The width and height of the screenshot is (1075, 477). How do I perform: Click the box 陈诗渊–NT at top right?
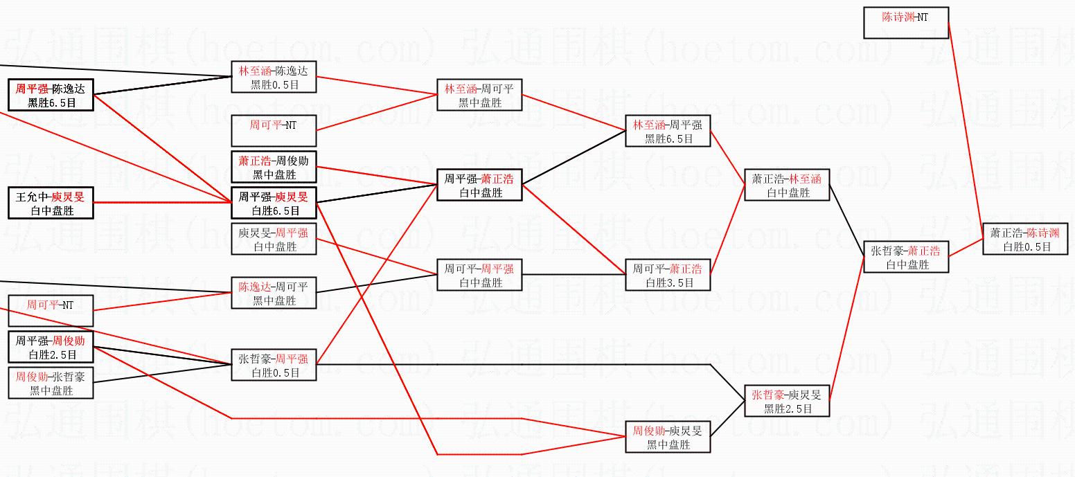906,23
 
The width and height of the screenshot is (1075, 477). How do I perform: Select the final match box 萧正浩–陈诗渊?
1025,239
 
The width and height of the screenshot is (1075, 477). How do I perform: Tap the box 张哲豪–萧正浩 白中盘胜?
906,257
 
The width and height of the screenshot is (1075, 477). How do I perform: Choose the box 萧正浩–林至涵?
787,185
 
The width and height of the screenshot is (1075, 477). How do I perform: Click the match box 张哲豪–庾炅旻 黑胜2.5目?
787,401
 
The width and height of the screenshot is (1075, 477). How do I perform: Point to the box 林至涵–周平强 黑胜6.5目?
668,131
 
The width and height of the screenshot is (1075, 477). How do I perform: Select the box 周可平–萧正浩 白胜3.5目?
668,275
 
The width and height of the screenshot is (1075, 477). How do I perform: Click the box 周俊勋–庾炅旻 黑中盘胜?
668,437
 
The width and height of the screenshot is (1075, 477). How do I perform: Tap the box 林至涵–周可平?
479,95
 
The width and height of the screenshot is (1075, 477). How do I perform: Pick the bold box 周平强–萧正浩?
479,185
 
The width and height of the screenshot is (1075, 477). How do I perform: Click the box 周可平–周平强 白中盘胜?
479,275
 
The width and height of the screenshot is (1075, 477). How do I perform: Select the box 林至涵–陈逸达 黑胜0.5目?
274,77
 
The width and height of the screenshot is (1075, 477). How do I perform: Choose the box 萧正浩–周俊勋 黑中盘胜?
274,167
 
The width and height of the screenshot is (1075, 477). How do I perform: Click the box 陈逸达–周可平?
274,293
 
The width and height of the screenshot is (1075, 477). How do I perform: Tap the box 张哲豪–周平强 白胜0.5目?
274,365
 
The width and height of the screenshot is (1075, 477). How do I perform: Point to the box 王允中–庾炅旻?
51,203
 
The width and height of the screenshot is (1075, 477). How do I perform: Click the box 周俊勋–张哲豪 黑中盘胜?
51,383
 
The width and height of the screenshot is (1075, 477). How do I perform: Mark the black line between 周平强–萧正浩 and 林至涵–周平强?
574,158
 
